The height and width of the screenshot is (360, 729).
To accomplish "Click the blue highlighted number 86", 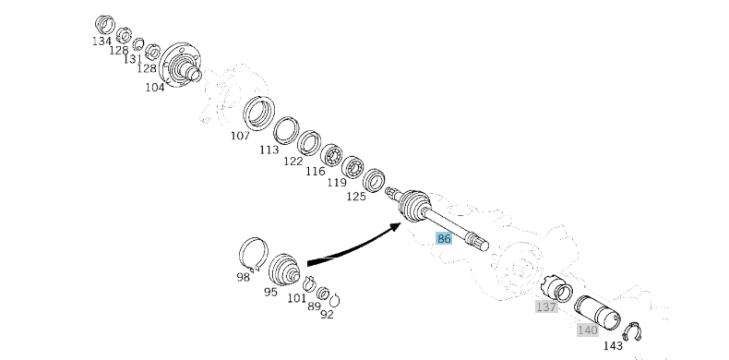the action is point(444,238).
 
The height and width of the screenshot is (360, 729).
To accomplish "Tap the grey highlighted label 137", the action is point(546,307).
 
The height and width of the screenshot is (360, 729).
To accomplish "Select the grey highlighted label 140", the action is point(587,330).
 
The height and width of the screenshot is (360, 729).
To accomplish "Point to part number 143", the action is point(613,345).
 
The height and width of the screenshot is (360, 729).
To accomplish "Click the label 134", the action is point(102,41).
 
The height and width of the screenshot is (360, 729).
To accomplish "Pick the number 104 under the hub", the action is point(155,87).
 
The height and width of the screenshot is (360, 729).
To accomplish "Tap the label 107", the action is point(240,136).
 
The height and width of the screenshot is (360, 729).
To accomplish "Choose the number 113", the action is point(269,150).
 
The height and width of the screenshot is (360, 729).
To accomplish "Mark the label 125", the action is point(356,197).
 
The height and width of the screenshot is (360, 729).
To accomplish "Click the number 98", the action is point(243,277).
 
